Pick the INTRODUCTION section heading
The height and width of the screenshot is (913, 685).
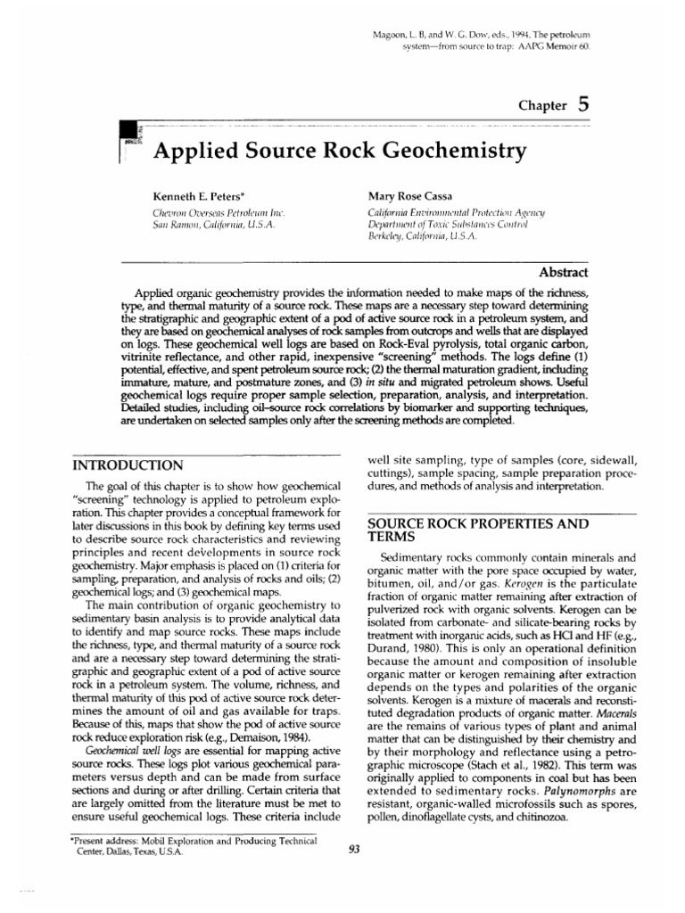(x=128, y=465)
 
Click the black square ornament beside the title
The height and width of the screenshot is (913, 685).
(x=127, y=135)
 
